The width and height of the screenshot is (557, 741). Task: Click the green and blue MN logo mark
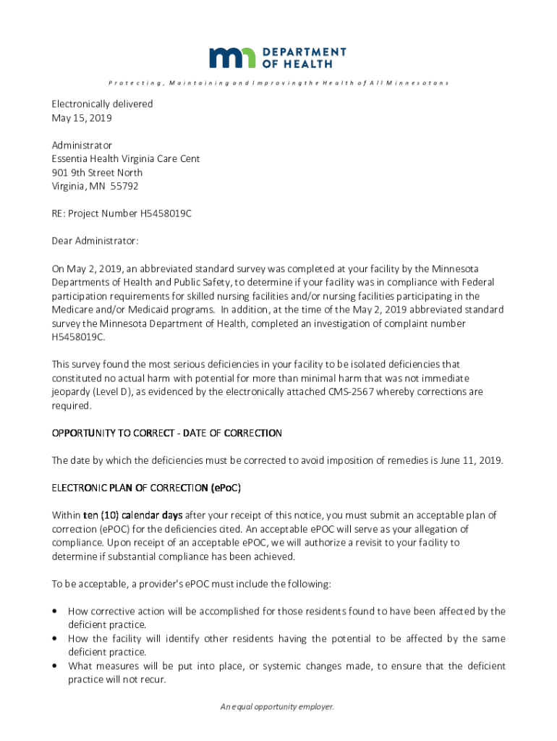(x=232, y=58)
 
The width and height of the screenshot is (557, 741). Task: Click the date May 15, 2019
(x=82, y=118)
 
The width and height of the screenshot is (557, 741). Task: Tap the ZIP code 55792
(x=124, y=186)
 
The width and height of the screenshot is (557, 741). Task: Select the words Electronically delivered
(x=102, y=104)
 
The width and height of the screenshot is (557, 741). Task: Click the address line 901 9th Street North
(x=97, y=172)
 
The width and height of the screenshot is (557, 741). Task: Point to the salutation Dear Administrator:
(x=95, y=240)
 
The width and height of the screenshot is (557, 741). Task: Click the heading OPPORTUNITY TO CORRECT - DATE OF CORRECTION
(x=166, y=433)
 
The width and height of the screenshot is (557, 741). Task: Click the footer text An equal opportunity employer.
(x=278, y=707)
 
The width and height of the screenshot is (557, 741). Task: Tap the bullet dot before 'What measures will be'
(x=55, y=666)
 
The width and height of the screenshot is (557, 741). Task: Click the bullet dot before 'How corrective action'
(x=55, y=611)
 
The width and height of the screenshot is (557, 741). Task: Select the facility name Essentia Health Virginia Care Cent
(x=125, y=158)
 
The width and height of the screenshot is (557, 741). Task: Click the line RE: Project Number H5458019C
(x=122, y=213)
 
